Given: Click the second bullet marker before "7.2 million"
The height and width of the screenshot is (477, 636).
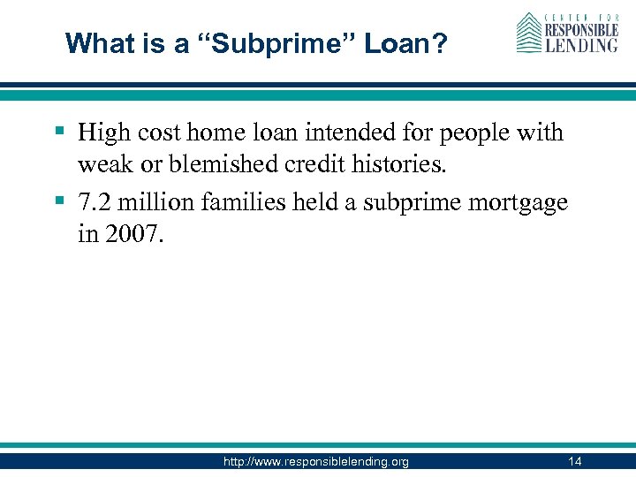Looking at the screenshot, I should pos(59,201).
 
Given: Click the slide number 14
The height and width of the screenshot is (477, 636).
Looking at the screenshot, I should pos(575,461).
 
